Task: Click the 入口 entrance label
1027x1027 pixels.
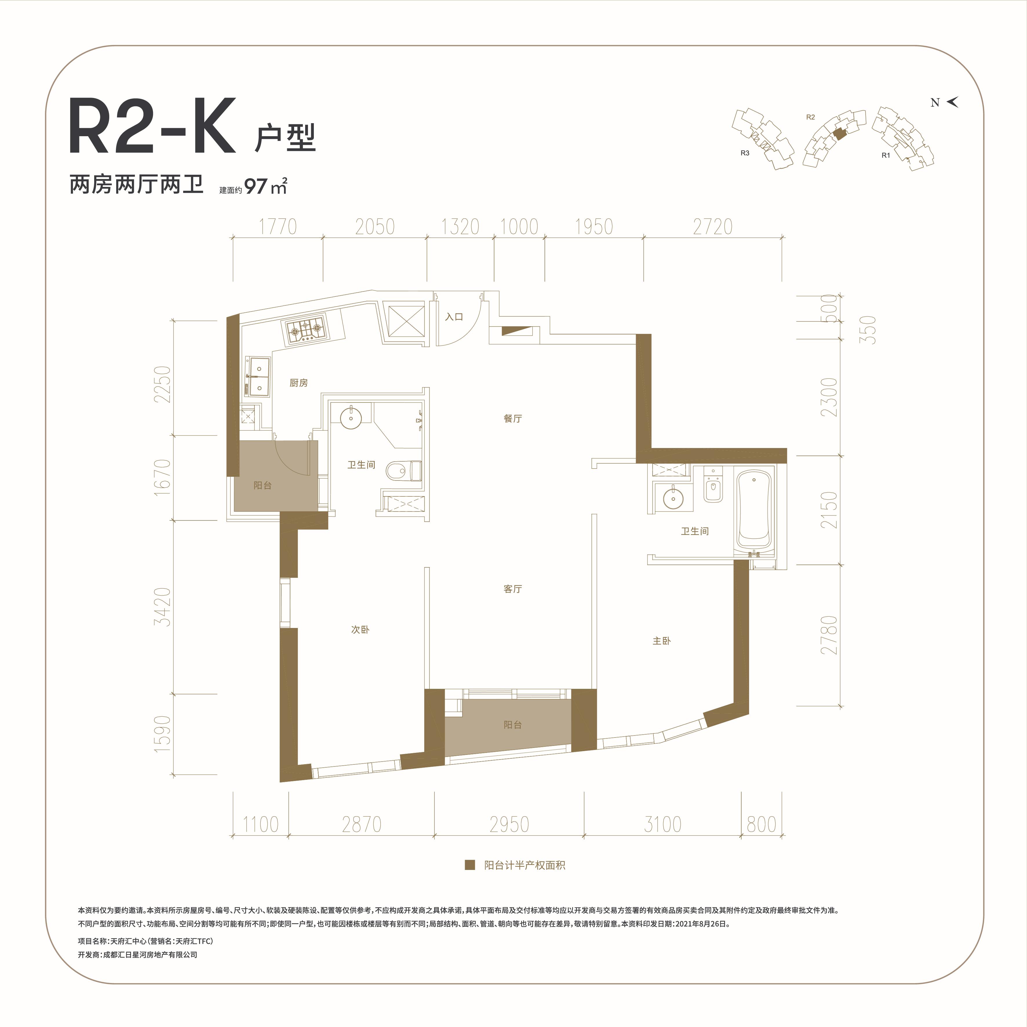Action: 454,317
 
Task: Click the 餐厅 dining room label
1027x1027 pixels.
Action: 512,418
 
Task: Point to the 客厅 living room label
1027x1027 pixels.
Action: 512,589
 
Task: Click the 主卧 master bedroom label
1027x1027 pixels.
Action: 661,640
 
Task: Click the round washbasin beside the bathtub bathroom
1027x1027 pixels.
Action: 673,498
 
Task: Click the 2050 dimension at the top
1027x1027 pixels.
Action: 375,227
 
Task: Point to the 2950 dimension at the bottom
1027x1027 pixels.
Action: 509,824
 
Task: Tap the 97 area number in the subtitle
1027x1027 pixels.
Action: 256,187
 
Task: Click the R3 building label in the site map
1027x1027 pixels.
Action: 745,153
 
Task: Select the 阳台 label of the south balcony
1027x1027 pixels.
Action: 512,724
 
